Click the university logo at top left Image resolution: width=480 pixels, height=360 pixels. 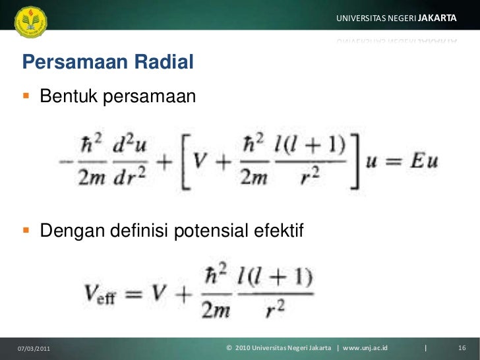[x=30, y=22]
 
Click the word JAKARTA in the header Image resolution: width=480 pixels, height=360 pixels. [x=437, y=18]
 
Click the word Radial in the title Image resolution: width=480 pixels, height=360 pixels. [x=164, y=63]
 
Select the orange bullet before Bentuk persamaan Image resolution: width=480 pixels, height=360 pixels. [x=26, y=96]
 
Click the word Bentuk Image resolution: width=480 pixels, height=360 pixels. [x=68, y=97]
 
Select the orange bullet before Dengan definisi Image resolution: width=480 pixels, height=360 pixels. [x=26, y=231]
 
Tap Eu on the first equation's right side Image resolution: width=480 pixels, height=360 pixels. [x=422, y=161]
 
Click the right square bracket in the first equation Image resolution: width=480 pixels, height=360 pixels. [x=356, y=161]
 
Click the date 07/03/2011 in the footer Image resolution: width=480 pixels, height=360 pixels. [x=32, y=347]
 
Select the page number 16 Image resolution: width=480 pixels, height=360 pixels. [x=462, y=347]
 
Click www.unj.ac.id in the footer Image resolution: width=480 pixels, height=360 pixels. [x=365, y=347]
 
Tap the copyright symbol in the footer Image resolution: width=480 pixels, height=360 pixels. [x=229, y=347]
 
